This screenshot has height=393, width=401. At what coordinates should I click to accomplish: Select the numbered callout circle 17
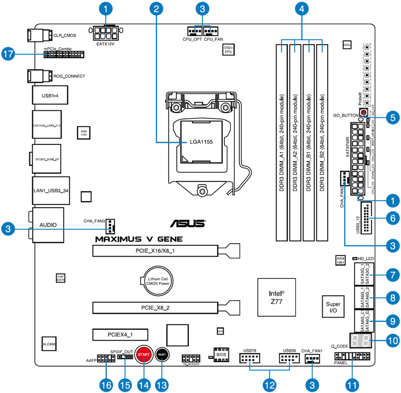click(8, 54)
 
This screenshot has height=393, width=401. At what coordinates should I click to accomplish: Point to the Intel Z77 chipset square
click(276, 298)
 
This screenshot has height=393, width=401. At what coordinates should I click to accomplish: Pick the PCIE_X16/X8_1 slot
click(156, 251)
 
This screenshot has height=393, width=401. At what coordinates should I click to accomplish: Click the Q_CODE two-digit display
click(360, 340)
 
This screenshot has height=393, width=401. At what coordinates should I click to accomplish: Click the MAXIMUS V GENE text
click(139, 239)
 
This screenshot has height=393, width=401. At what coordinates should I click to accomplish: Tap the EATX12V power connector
click(105, 33)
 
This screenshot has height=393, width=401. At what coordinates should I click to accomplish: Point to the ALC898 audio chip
click(50, 344)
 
